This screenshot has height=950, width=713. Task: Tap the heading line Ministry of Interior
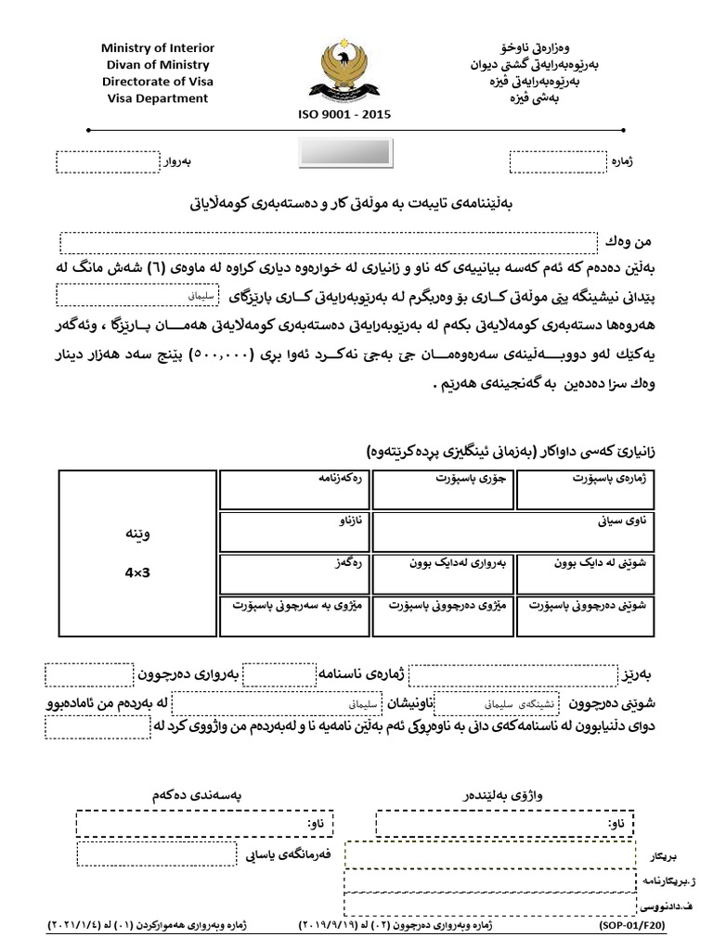coord(157,48)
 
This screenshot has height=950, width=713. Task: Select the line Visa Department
coord(157,98)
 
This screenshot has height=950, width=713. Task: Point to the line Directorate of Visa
coord(157,82)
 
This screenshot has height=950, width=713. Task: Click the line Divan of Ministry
coord(157,65)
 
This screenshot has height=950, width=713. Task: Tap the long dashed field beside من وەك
coord(329,243)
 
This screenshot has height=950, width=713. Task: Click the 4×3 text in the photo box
coord(136,573)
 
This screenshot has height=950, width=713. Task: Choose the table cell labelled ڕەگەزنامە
coord(292,489)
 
